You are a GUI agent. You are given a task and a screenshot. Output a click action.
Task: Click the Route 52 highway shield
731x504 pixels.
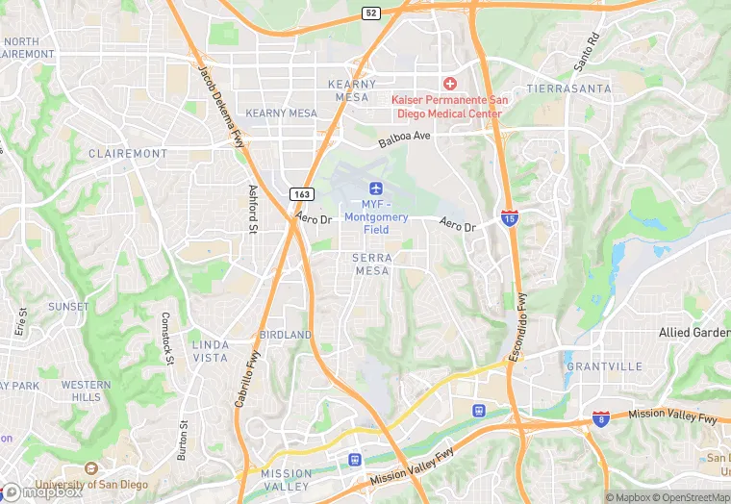coord(371,13)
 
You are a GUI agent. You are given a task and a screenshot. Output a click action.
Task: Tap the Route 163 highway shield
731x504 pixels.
coord(299,193)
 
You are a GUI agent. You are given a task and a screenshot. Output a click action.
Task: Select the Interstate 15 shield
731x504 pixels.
coord(509,218)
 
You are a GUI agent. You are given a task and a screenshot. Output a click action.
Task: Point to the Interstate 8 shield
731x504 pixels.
coord(601,418)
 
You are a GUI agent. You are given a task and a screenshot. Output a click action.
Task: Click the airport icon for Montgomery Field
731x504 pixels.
coord(374,186)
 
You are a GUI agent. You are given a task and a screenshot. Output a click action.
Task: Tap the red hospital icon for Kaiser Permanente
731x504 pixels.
coord(448,85)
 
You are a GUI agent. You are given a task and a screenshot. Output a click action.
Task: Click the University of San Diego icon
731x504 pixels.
coord(91,468)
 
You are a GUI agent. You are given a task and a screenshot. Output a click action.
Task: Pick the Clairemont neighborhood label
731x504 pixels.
coord(128,153)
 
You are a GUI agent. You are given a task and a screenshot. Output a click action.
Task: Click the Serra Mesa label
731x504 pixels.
coord(371,265)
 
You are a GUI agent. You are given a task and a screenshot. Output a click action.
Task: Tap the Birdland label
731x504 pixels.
coord(286,335)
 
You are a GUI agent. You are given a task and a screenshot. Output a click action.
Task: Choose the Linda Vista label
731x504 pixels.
coord(211,351)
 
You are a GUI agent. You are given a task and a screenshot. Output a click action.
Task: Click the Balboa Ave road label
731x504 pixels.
coord(404,139)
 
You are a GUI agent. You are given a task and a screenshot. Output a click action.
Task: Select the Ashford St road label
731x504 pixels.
coord(253,209)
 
